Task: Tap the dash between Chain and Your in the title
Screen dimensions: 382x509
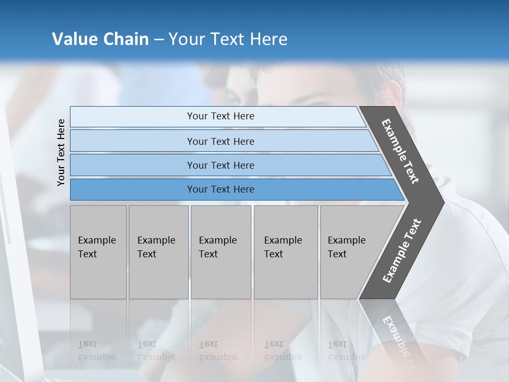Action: pyautogui.click(x=159, y=40)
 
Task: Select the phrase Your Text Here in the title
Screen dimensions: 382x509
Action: pyautogui.click(x=228, y=39)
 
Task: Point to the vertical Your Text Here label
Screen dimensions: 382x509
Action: pyautogui.click(x=61, y=152)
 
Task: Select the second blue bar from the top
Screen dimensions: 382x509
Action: pyautogui.click(x=221, y=141)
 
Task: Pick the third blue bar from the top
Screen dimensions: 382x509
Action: pyautogui.click(x=221, y=165)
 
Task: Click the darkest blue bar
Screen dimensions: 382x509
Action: pyautogui.click(x=221, y=189)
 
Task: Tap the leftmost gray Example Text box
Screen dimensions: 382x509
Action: pyautogui.click(x=98, y=252)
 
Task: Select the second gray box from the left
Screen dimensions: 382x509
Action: pyautogui.click(x=159, y=252)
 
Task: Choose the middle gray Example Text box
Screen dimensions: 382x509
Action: pyautogui.click(x=221, y=252)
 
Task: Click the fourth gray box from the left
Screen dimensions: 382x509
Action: pyautogui.click(x=286, y=252)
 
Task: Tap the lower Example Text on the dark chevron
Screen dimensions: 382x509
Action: pyautogui.click(x=402, y=250)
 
